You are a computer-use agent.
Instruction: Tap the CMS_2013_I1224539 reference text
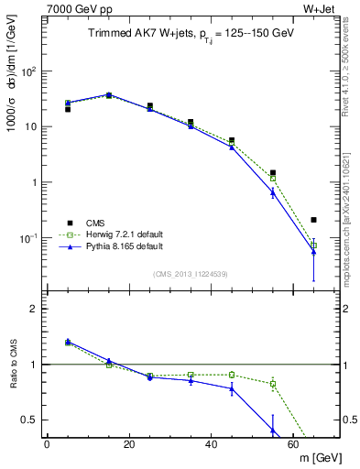coord(190,273)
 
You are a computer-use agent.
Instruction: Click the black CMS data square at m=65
coord(313,220)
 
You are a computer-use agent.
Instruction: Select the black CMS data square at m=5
coord(68,110)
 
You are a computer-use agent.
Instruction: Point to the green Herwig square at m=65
coord(313,245)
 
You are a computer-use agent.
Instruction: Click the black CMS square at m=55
coord(273,172)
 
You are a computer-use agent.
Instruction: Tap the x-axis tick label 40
coord(211,444)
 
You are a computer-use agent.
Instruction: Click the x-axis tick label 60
coord(292,444)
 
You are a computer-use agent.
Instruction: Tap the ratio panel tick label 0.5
coord(31,420)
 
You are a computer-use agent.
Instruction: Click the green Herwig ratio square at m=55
coord(273,384)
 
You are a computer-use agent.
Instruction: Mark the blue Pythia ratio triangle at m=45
coord(232,388)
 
